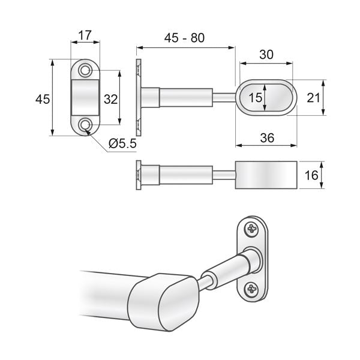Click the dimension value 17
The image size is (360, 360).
pyautogui.click(x=85, y=36)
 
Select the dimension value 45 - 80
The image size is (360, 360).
pyautogui.click(x=185, y=38)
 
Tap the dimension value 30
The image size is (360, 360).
pyautogui.click(x=266, y=54)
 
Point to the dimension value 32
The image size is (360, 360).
pyautogui.click(x=110, y=98)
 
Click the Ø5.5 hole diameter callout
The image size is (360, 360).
pyautogui.click(x=124, y=143)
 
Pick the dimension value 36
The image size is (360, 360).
pyautogui.click(x=267, y=137)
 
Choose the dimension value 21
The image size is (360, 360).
pyautogui.click(x=312, y=98)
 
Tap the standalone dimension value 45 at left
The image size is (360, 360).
pyautogui.click(x=42, y=99)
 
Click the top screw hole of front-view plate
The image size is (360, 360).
pyautogui.click(x=86, y=71)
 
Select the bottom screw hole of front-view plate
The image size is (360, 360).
pyautogui.click(x=86, y=125)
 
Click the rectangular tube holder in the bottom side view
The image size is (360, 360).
pyautogui.click(x=266, y=175)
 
